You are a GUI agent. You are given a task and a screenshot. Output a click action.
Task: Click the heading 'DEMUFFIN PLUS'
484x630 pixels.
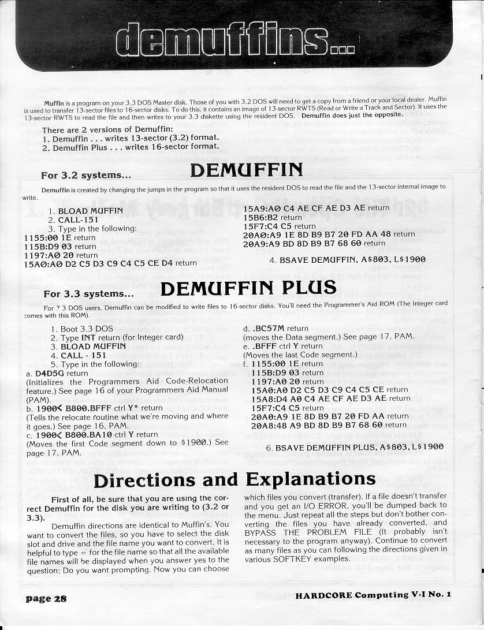pos(247,287)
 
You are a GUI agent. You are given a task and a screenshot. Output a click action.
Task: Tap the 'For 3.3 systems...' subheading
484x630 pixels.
pos(88,294)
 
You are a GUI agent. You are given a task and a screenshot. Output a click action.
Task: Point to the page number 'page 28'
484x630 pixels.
pos(46,598)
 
